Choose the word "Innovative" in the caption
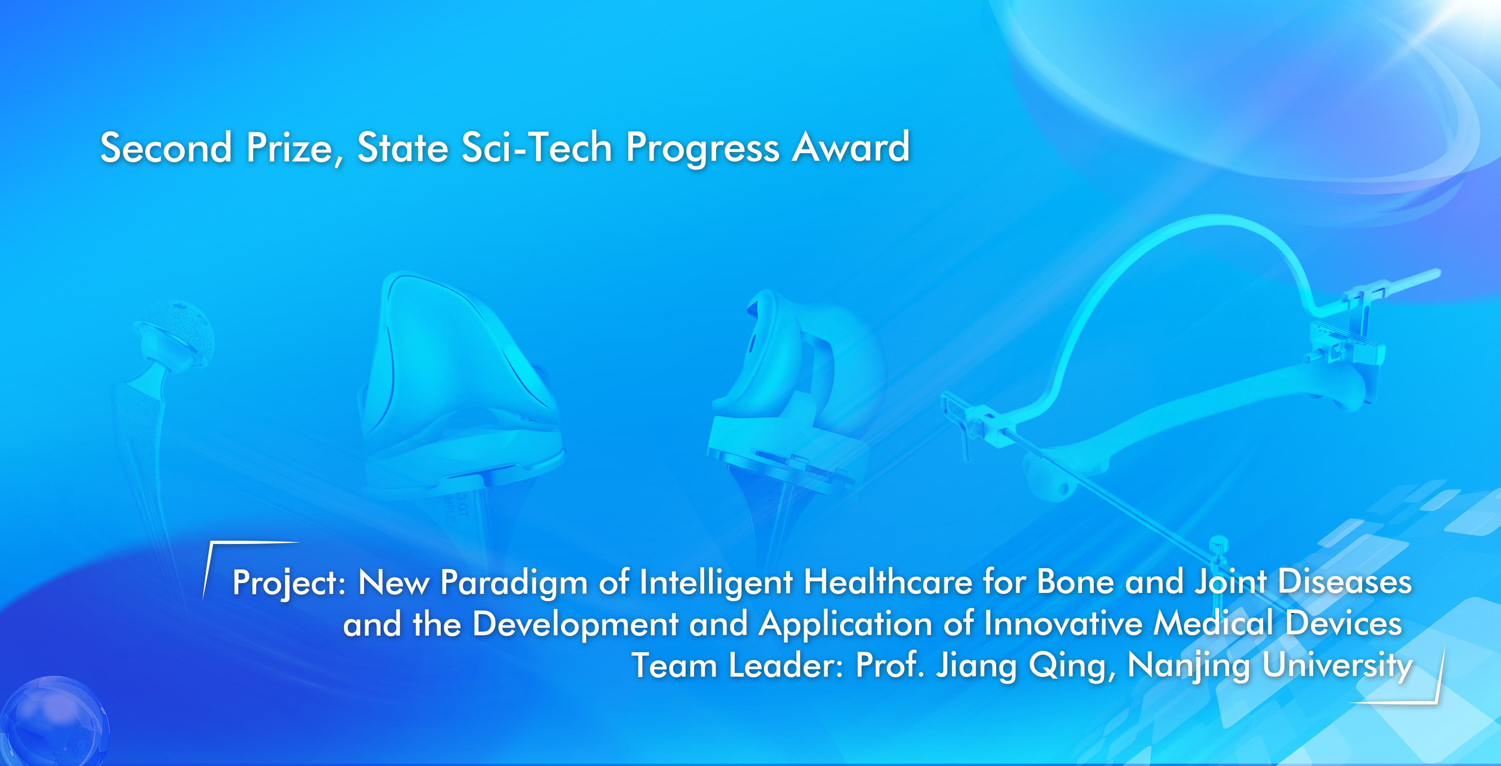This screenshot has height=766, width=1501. point(1063,623)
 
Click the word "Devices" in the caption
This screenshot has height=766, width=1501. point(1344,623)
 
